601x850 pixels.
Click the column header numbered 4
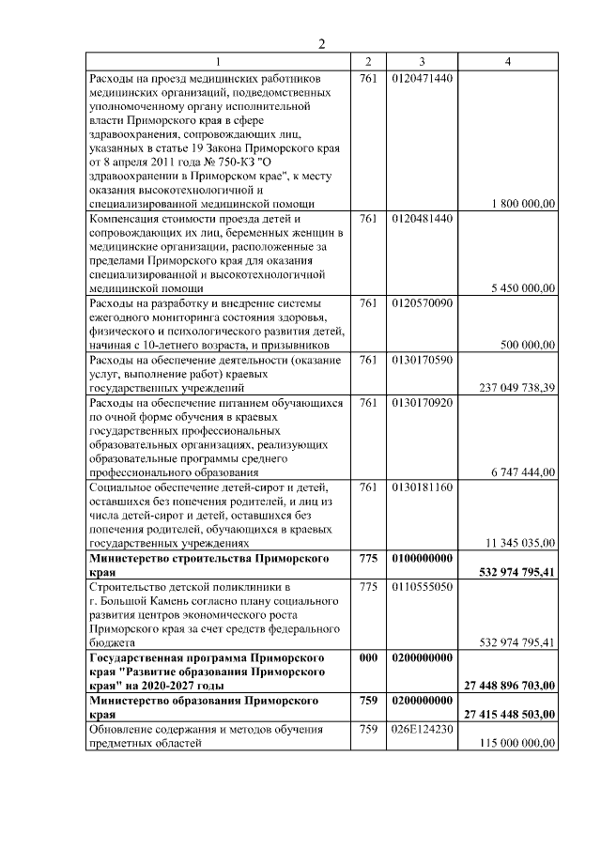pos(508,62)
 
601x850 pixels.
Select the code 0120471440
pos(423,78)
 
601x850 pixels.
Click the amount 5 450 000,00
pos(523,288)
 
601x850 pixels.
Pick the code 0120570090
pos(423,303)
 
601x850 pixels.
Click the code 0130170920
pos(423,402)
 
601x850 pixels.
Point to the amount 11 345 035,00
pos(520,542)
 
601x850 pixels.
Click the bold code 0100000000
pos(423,558)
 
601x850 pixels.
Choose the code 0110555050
pos(423,586)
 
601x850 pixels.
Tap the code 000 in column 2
pos(368,657)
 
